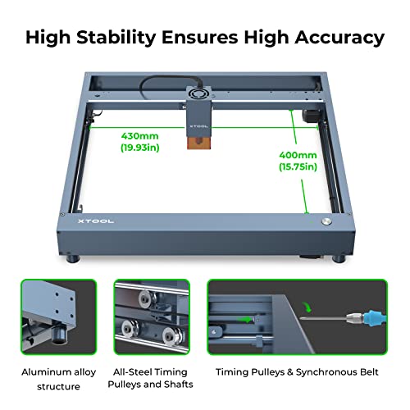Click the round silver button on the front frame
point(326,222)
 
